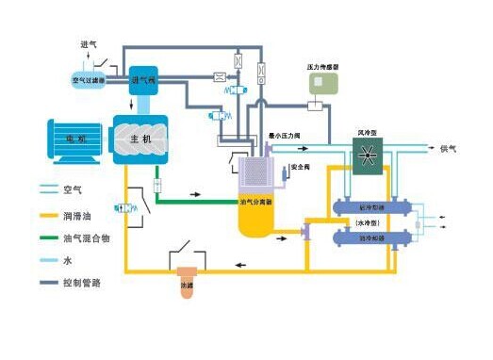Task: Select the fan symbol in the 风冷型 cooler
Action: point(366,154)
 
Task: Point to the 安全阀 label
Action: point(301,167)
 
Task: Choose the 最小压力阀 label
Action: point(286,137)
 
